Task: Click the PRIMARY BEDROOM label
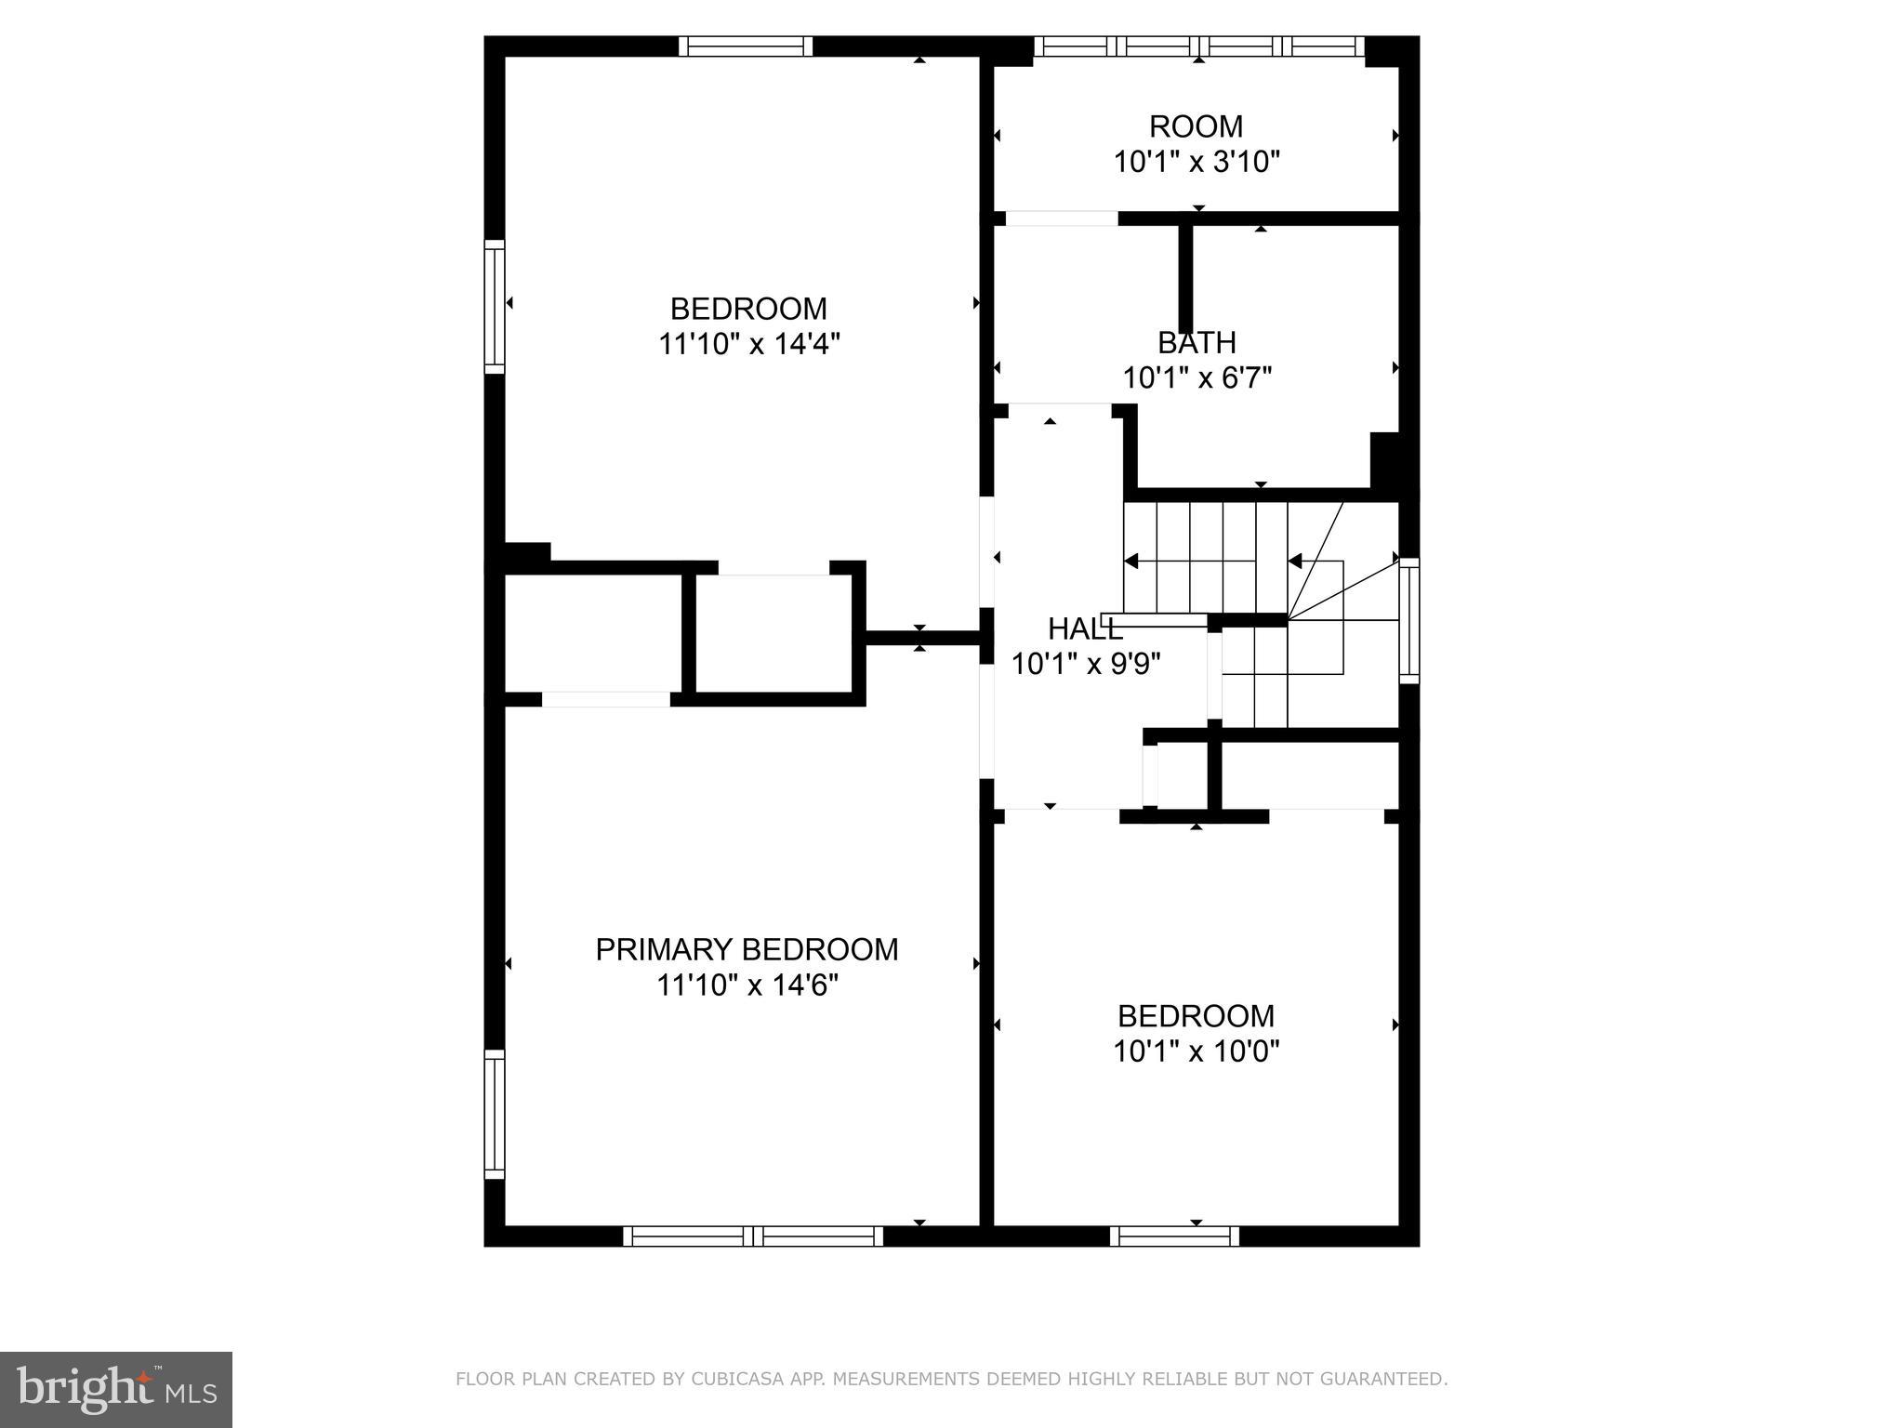coord(747,949)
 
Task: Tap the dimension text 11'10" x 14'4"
coord(749,344)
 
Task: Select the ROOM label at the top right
coord(1196,126)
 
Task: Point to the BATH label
coord(1197,343)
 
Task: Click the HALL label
coord(1085,629)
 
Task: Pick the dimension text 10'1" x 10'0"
coord(1197,1051)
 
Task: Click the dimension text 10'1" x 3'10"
coord(1197,162)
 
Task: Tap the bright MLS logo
coord(115,1389)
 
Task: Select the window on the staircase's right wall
coord(1409,621)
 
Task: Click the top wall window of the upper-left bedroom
coord(746,46)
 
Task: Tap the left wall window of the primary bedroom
coord(495,1115)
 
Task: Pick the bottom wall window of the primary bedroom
coord(753,1236)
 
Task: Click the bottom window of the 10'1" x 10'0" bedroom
coord(1174,1236)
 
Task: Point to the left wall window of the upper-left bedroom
coord(495,307)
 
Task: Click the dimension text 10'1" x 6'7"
coord(1197,378)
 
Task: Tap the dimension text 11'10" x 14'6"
coord(747,985)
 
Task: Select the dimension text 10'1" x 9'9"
coord(1085,664)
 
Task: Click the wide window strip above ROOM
coord(1198,46)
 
